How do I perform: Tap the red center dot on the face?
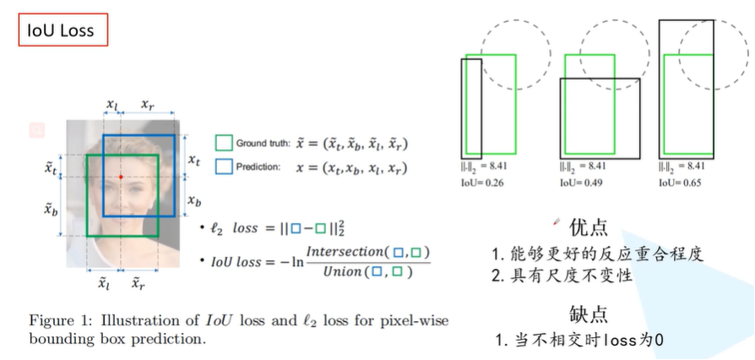(x=121, y=177)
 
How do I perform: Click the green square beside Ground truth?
(x=224, y=144)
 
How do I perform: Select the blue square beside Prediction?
(x=224, y=166)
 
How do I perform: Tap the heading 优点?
(x=589, y=226)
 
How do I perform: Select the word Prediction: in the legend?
(x=258, y=167)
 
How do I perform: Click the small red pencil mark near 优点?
(x=556, y=221)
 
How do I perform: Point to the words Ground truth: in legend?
(x=262, y=145)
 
